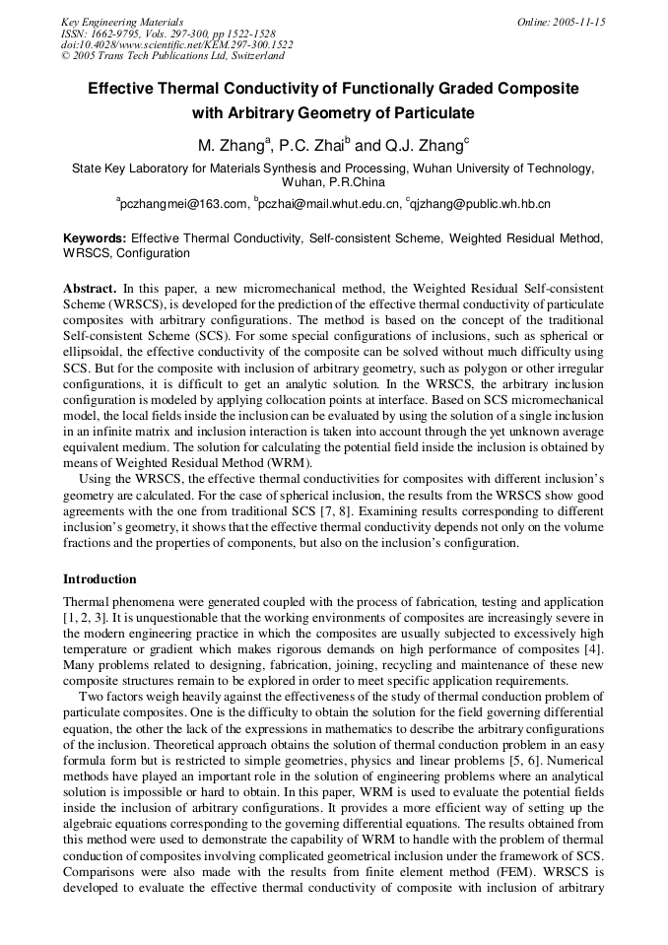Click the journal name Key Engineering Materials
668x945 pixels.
pyautogui.click(x=121, y=22)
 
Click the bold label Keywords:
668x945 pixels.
pyautogui.click(x=95, y=238)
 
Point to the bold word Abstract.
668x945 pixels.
pyautogui.click(x=90, y=289)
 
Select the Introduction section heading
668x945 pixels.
pyautogui.click(x=100, y=578)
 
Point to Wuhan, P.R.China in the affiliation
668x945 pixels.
pyautogui.click(x=333, y=182)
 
